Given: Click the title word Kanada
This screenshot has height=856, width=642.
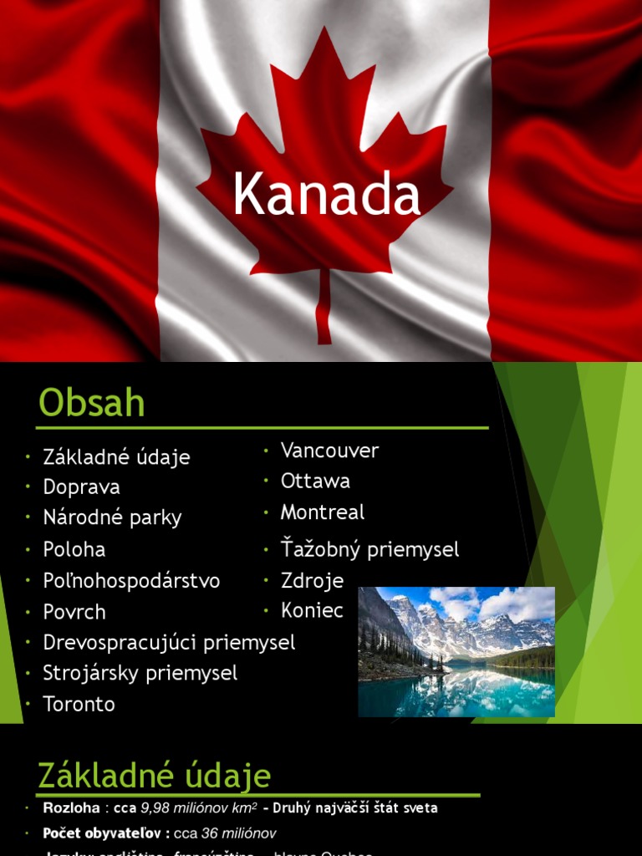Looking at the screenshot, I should [x=326, y=195].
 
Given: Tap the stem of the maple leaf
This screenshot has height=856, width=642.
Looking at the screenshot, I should [x=324, y=305].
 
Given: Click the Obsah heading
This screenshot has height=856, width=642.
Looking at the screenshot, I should [x=92, y=404].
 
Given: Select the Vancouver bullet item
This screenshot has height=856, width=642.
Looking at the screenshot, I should [x=329, y=451].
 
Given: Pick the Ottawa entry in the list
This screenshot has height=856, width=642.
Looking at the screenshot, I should [x=315, y=481].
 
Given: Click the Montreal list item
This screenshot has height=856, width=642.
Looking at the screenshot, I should [x=323, y=512].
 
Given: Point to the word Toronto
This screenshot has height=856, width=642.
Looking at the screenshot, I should [x=79, y=704].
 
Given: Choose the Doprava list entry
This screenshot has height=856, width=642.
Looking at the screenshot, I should [x=81, y=487].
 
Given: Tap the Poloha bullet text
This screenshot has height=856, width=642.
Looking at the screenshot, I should [x=74, y=550].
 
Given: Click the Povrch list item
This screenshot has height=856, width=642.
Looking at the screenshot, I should [x=74, y=612].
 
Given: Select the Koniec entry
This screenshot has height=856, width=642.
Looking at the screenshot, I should [x=312, y=610].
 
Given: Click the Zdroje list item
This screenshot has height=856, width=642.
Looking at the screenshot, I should [x=312, y=580].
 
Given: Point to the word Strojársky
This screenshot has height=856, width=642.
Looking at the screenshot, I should [x=91, y=673].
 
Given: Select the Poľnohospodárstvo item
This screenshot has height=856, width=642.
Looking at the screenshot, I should [x=131, y=581].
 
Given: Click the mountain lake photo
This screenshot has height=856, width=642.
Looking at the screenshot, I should [x=456, y=651].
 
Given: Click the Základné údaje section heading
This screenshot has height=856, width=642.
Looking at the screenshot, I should [x=155, y=776].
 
